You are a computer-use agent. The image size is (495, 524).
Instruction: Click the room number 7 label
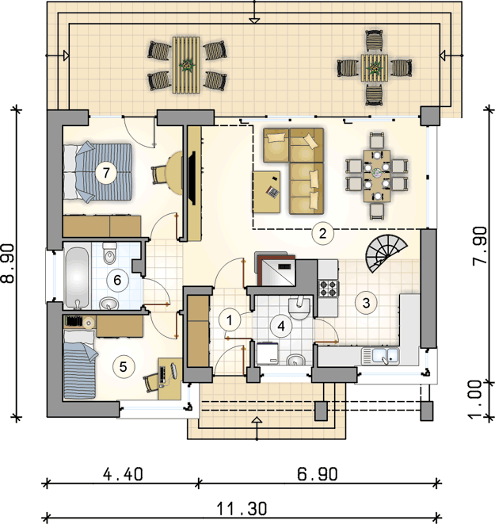pyautogui.click(x=106, y=173)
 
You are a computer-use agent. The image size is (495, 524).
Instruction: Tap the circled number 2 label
pyautogui.click(x=322, y=233)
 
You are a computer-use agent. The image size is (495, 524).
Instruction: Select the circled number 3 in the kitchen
pyautogui.click(x=366, y=303)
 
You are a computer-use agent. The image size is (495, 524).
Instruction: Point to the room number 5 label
pyautogui.click(x=124, y=366)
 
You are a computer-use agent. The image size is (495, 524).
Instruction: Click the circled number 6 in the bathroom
pyautogui.click(x=117, y=280)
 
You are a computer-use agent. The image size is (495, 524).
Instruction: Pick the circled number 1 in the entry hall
pyautogui.click(x=230, y=320)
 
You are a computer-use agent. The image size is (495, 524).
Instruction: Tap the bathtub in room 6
pyautogui.click(x=77, y=276)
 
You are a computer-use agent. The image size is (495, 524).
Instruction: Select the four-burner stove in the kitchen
pyautogui.click(x=328, y=289)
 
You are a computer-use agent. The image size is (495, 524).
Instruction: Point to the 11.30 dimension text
pyautogui.click(x=242, y=509)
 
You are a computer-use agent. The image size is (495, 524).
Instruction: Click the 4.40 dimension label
pyautogui.click(x=123, y=474)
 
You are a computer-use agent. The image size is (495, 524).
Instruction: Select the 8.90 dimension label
pyautogui.click(x=9, y=263)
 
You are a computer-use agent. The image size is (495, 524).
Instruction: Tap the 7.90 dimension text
pyautogui.click(x=480, y=247)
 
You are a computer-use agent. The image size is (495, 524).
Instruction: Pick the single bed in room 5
pyautogui.click(x=79, y=365)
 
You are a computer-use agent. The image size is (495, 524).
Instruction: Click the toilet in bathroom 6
pyautogui.click(x=110, y=253)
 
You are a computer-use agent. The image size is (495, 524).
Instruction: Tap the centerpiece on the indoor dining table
pyautogui.click(x=377, y=173)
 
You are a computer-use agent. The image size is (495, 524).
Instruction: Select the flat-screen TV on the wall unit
pyautogui.click(x=192, y=178)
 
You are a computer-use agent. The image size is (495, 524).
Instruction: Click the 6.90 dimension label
pyautogui.click(x=318, y=474)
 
